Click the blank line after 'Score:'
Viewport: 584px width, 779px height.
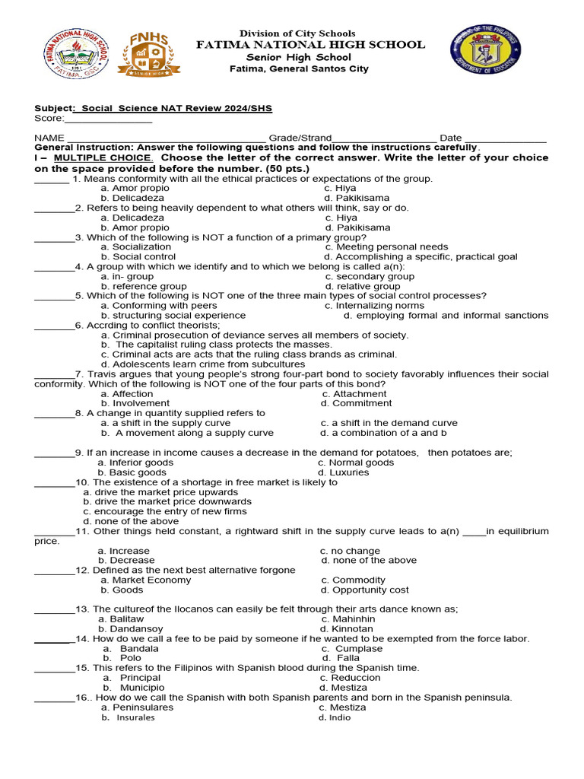[109, 119]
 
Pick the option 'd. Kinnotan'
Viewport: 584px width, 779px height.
[347, 629]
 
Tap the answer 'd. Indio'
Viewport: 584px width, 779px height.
[335, 717]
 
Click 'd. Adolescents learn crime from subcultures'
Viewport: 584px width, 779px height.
[203, 364]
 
